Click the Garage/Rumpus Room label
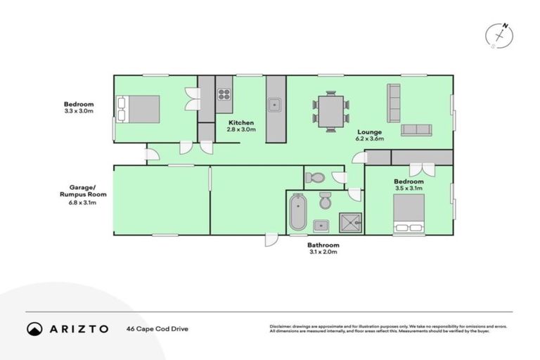(77, 191)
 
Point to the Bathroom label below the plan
(323, 245)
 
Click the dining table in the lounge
(330, 111)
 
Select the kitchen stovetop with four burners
(224, 95)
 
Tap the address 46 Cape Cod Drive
(157, 328)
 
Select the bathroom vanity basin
(321, 226)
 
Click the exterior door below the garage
(270, 240)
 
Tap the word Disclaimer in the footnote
(282, 326)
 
